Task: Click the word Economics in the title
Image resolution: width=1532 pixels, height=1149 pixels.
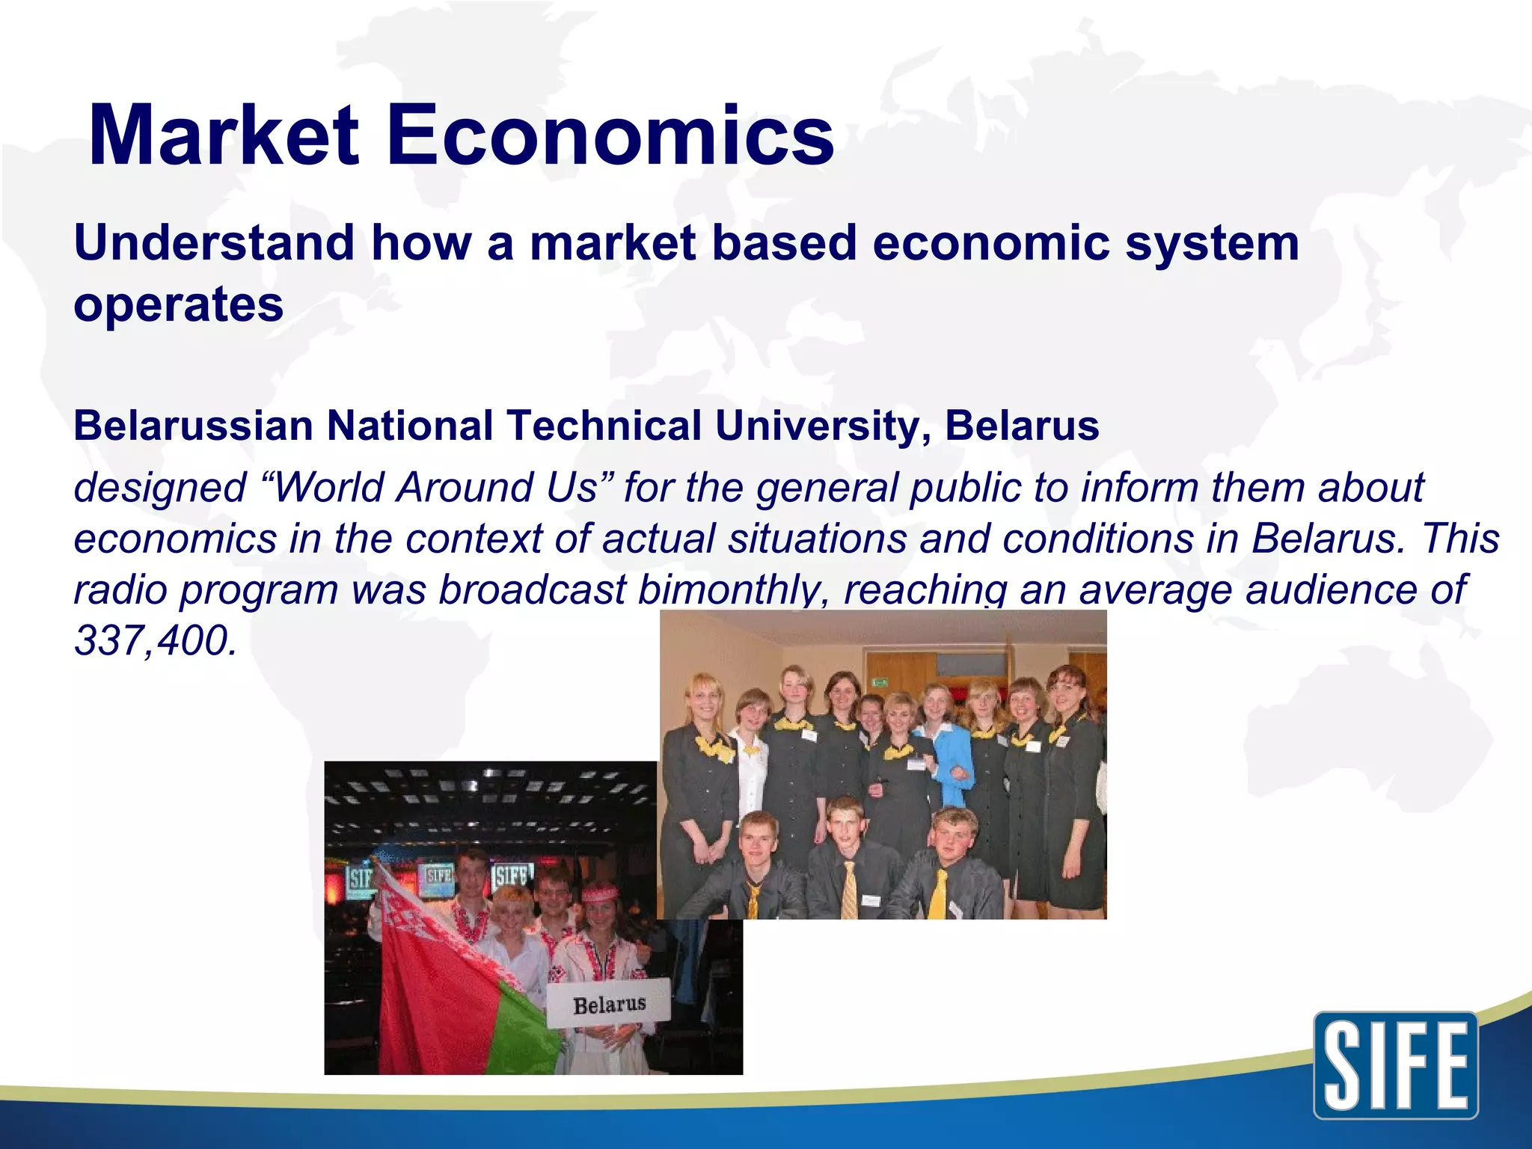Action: (x=610, y=136)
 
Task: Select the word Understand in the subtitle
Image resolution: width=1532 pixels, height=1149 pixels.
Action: (x=214, y=243)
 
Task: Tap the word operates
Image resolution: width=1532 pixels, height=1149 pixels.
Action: (x=178, y=305)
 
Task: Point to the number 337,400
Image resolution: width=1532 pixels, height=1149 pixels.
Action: (x=155, y=641)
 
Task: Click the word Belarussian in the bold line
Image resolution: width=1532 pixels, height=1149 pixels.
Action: (x=193, y=426)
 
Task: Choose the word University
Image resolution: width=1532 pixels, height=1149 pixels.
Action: (x=823, y=426)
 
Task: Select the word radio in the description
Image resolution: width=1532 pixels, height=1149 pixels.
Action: (x=120, y=590)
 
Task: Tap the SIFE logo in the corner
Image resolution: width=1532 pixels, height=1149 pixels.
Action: (x=1395, y=1065)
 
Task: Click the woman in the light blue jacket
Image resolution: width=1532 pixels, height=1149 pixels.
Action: (x=946, y=756)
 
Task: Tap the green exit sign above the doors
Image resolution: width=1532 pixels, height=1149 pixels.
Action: (x=880, y=681)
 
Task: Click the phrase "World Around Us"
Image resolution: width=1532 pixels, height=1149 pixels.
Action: (x=437, y=488)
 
